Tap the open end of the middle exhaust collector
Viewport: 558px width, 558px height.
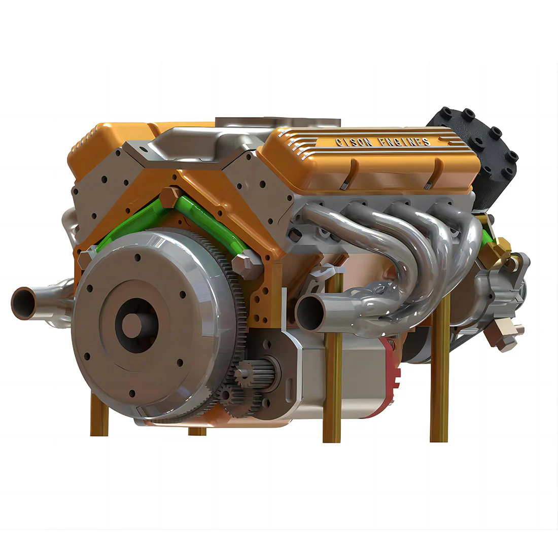(x=310, y=312)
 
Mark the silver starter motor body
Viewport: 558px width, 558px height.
(x=330, y=375)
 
